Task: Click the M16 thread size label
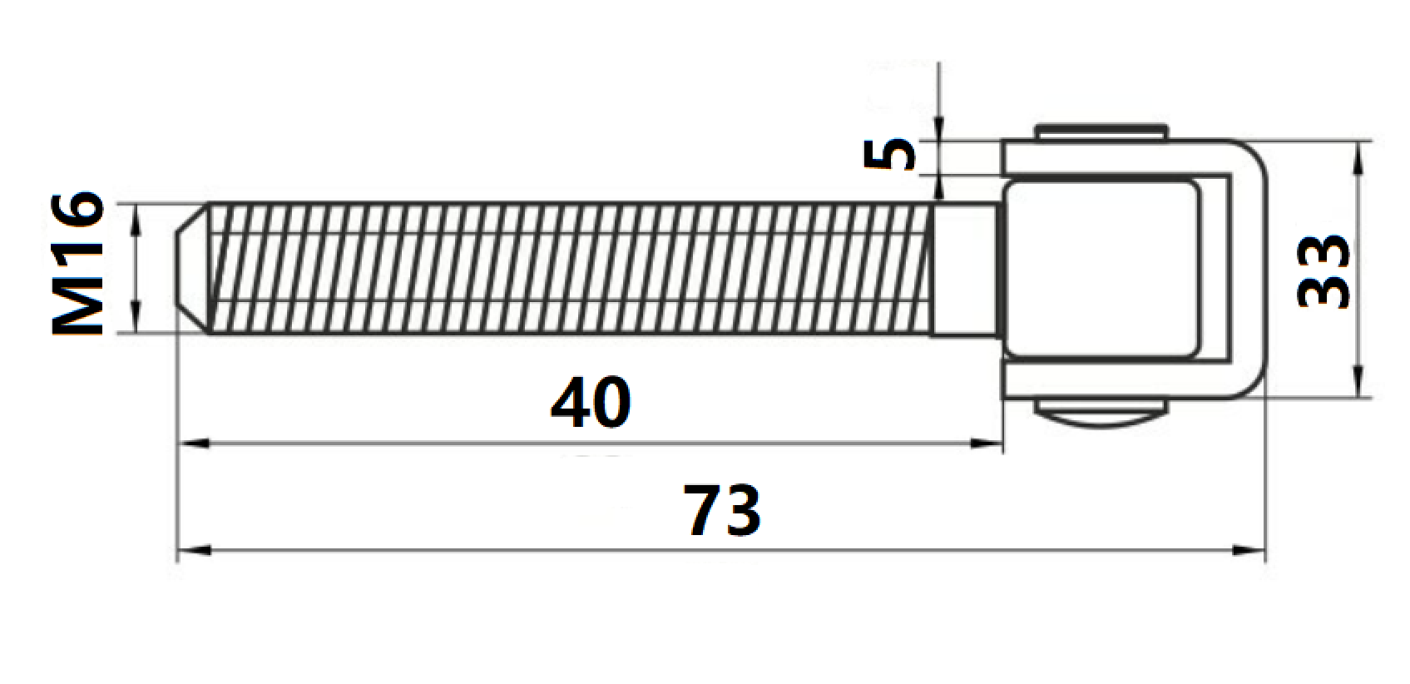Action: click(x=79, y=265)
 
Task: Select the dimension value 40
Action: click(x=591, y=404)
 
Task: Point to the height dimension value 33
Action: click(x=1324, y=271)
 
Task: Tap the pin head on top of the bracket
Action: click(x=1100, y=133)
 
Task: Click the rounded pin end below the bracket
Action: click(x=1100, y=414)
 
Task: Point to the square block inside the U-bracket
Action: click(x=1102, y=268)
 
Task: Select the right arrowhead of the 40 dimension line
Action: click(x=990, y=444)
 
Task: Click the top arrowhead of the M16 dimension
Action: click(x=136, y=215)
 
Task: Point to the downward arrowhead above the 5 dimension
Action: click(x=938, y=129)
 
